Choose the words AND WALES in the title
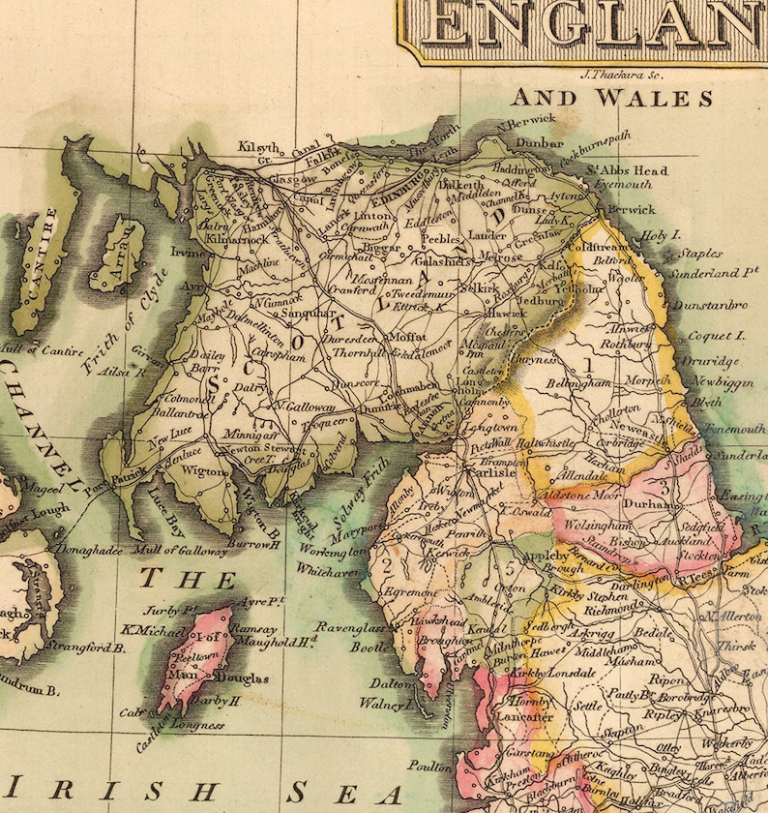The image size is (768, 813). click(611, 99)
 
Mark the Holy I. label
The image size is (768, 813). click(663, 234)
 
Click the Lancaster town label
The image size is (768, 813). click(526, 717)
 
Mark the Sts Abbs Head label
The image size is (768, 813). click(626, 170)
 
